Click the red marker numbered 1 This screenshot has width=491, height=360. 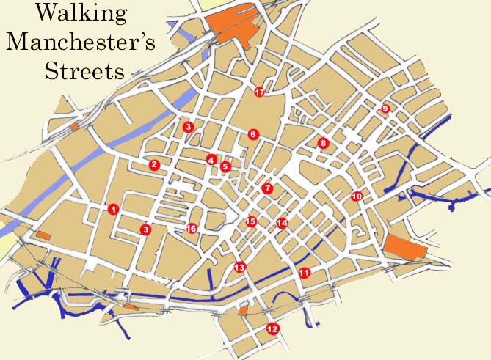[x=113, y=209]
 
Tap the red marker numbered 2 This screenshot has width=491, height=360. [x=154, y=165]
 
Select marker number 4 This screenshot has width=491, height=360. [x=211, y=160]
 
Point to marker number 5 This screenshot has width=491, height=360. [x=225, y=166]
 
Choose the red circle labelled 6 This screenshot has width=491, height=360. [x=253, y=134]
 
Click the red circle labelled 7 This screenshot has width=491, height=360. [x=267, y=188]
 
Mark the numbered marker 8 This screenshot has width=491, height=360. [x=322, y=142]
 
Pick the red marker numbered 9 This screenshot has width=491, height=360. [x=385, y=109]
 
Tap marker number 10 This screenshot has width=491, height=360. [x=357, y=196]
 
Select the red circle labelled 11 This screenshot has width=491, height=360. [x=305, y=273]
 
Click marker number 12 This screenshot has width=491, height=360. [x=273, y=328]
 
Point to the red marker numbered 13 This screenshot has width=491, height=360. [x=239, y=268]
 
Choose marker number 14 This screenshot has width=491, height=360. [x=282, y=223]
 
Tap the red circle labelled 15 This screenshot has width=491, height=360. [x=251, y=221]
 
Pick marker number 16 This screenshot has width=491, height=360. [x=192, y=229]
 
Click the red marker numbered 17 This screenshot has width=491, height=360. [x=259, y=92]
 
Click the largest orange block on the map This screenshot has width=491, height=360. [x=233, y=27]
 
